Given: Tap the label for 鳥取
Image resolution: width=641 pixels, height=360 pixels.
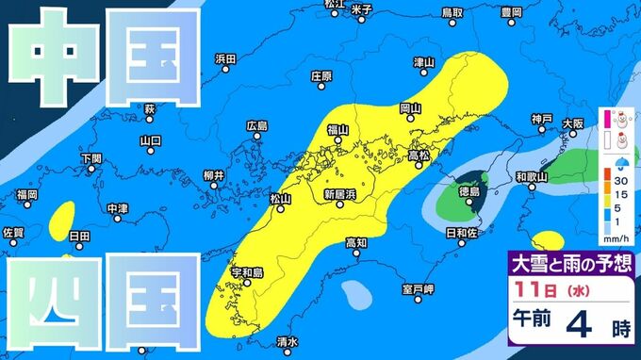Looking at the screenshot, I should point(452,12).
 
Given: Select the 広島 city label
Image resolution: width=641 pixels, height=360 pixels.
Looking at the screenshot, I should point(256,126).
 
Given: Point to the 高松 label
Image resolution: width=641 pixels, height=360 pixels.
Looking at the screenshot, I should point(419,155).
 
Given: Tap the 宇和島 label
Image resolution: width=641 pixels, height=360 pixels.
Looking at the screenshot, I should point(246,273).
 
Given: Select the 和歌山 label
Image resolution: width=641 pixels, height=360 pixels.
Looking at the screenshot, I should point(533,176).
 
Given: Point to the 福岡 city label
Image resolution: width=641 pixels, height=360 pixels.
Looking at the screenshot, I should point(26,195).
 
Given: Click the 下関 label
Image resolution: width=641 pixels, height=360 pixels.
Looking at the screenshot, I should point(91,158).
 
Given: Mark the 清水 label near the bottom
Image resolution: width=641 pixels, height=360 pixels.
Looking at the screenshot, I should point(288,342).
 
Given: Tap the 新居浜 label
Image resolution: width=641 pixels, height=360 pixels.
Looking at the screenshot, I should point(338,194).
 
